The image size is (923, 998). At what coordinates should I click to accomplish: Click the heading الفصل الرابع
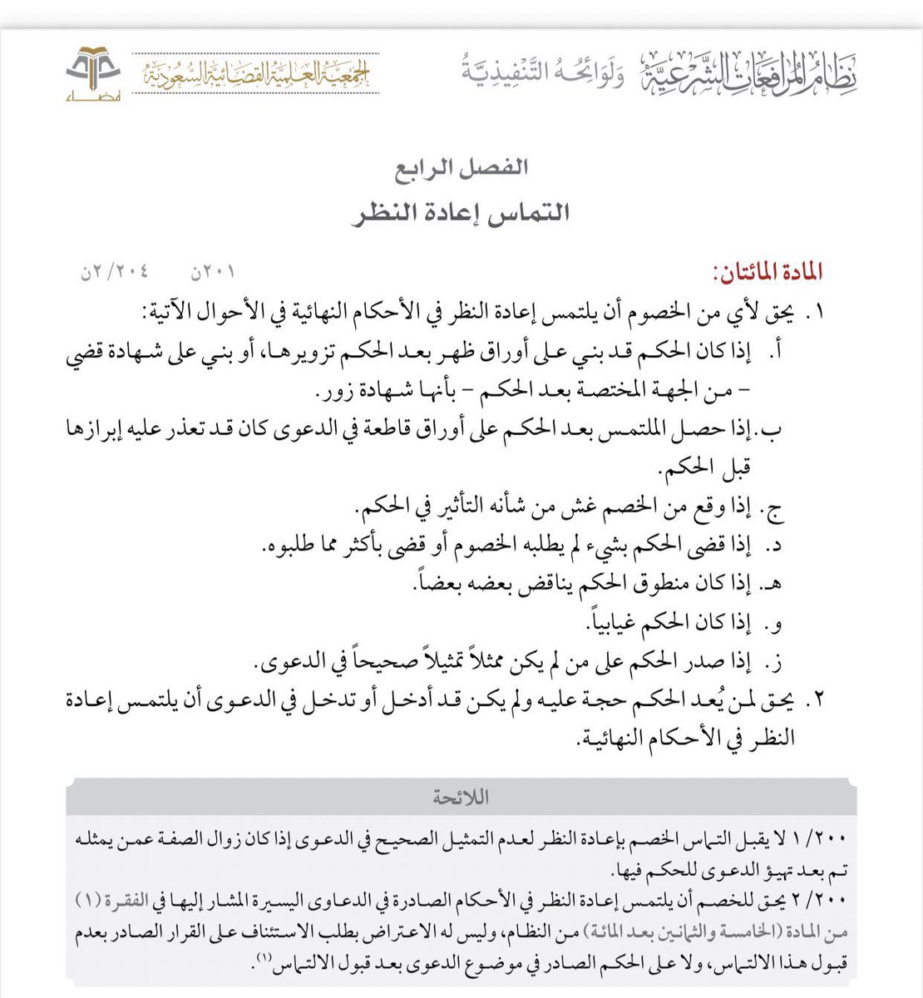[462, 167]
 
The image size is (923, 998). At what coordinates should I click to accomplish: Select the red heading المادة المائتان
[767, 272]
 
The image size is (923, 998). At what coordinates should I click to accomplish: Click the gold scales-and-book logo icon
[93, 72]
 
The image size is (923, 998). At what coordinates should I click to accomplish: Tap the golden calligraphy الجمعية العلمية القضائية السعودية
[257, 74]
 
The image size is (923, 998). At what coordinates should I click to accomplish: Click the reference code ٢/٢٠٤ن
[114, 272]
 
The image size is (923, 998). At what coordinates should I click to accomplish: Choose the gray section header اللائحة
[462, 798]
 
